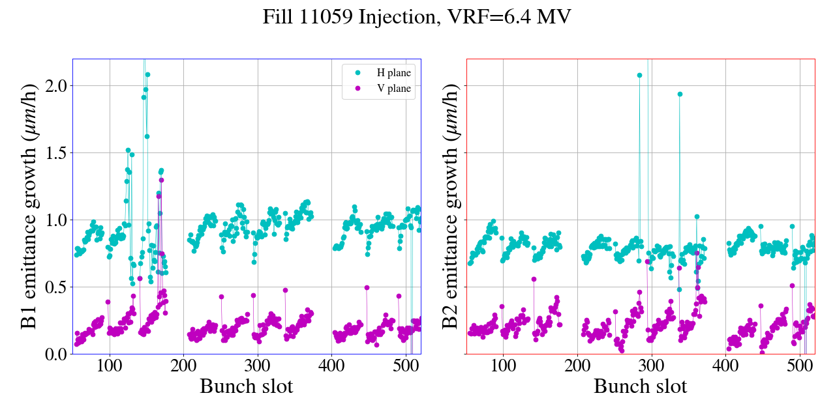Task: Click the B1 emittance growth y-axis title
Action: coord(29,206)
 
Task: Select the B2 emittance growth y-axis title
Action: coord(450,206)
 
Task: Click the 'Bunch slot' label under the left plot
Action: coord(247,386)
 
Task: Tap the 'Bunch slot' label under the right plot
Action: coord(641,386)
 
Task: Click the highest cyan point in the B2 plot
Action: coord(639,75)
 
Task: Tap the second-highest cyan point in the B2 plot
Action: coord(680,94)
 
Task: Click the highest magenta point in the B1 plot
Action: coord(161,180)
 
